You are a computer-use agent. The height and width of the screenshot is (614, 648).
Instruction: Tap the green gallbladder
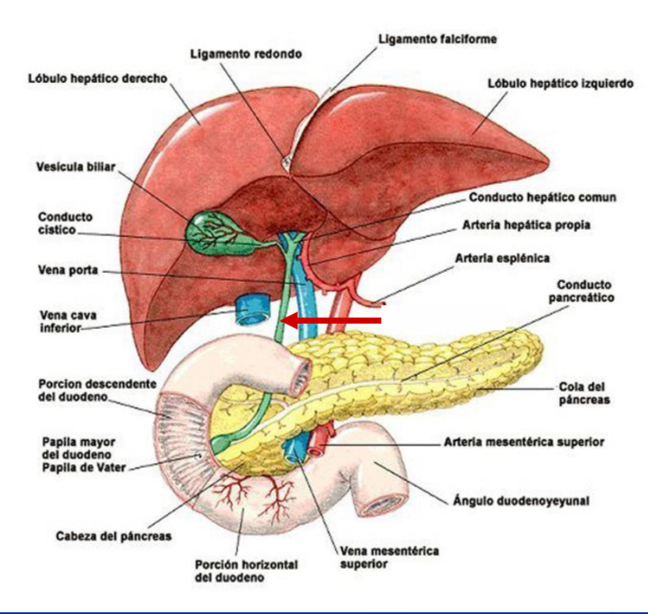[213, 230]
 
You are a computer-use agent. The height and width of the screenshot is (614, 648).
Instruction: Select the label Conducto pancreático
[586, 290]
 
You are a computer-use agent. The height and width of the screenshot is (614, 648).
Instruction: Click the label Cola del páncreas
[584, 393]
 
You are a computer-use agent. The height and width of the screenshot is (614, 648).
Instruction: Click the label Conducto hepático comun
[542, 198]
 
